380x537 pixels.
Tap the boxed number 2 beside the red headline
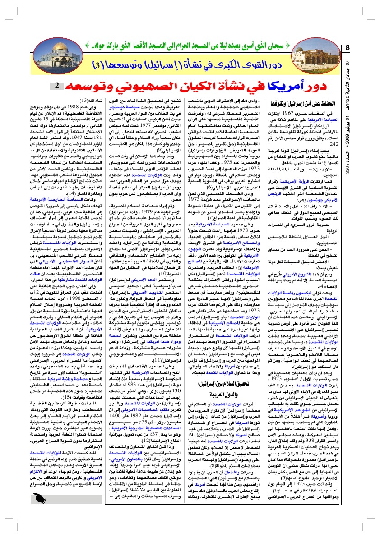tap(59, 85)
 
